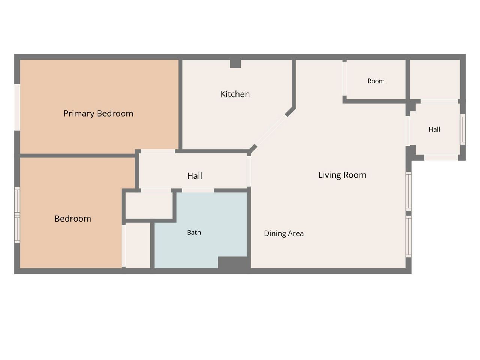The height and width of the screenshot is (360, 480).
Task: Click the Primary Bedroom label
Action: tap(98, 114)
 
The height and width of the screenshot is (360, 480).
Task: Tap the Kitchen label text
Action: tap(235, 94)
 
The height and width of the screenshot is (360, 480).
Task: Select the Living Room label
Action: tap(342, 175)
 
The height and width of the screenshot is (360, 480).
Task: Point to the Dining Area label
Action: tap(284, 234)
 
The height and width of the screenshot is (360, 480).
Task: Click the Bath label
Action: tap(194, 232)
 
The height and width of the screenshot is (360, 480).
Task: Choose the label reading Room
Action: tap(376, 81)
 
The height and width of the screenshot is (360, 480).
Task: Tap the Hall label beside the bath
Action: tap(194, 176)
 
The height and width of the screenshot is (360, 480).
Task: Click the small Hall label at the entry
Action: tap(434, 129)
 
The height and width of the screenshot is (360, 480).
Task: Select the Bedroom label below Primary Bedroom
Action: tap(73, 219)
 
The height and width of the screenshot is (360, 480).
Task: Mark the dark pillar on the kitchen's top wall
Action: tap(235, 64)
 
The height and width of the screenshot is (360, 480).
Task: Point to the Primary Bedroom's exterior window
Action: tap(17, 107)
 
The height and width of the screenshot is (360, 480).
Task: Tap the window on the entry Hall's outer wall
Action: tap(462, 129)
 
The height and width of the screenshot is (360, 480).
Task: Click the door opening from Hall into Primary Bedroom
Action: tap(157, 151)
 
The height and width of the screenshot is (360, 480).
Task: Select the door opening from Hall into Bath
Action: tap(198, 190)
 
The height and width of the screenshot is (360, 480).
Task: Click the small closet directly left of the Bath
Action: tap(138, 245)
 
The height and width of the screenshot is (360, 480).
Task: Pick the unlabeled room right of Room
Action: tap(435, 79)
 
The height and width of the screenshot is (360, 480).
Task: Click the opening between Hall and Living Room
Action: tap(249, 172)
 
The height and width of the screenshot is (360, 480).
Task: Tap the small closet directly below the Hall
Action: tap(149, 205)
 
